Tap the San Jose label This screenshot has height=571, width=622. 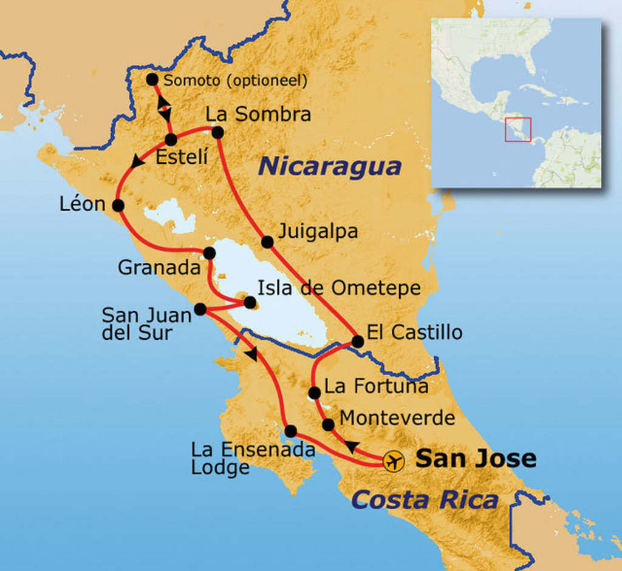point(475,458)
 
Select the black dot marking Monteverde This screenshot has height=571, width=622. point(328,425)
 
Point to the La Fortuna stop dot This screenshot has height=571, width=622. point(314,393)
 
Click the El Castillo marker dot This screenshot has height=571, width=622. point(357,342)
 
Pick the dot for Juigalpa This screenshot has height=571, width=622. point(267,242)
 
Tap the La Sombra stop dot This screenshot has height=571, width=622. point(217,132)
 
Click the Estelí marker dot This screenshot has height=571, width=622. point(171,140)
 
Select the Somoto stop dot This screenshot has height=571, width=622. point(152,79)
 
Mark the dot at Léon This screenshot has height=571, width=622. point(118,206)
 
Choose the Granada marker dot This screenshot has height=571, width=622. point(209,253)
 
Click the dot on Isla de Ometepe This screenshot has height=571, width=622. point(250,302)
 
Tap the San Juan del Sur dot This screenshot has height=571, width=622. point(200,309)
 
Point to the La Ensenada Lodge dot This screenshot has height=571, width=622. point(290,431)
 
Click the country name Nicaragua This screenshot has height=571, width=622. point(330,166)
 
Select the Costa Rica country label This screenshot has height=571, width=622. point(425,500)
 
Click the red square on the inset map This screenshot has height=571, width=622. point(518,129)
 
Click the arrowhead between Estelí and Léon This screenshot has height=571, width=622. point(138,162)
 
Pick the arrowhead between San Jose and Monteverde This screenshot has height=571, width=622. point(351,447)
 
